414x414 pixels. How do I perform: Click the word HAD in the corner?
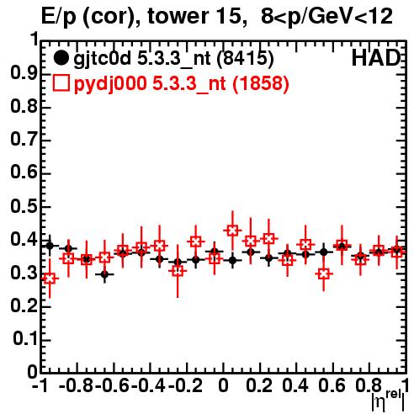[376, 58]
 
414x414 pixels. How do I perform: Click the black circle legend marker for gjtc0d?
[61, 58]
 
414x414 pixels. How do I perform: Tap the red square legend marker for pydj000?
[61, 82]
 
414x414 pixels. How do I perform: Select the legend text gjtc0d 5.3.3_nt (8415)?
[173, 59]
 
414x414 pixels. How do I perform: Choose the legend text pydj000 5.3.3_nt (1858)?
[182, 83]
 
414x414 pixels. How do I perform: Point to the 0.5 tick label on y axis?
[24, 206]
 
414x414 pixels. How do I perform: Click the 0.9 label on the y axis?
[24, 73]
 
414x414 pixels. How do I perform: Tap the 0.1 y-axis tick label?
[25, 339]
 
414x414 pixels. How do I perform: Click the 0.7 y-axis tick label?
[24, 140]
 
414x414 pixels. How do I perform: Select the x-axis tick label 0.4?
[295, 385]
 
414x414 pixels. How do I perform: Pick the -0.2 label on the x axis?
[186, 385]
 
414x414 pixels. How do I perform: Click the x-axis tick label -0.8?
[76, 385]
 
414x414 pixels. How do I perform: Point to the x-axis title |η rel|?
[388, 401]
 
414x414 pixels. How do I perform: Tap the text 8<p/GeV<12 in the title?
[326, 17]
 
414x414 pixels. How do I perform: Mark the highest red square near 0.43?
[232, 231]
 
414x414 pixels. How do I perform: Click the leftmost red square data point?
[50, 279]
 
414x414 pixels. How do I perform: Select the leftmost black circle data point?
[50, 246]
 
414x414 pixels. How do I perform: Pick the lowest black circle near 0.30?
[104, 274]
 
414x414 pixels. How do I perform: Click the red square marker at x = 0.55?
[324, 273]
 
